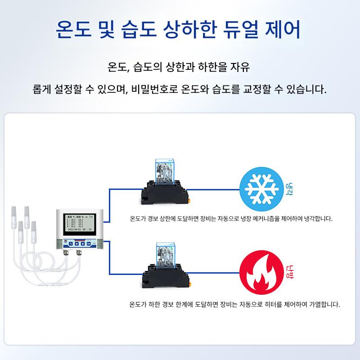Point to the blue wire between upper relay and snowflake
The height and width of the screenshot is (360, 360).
tap(211, 189)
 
